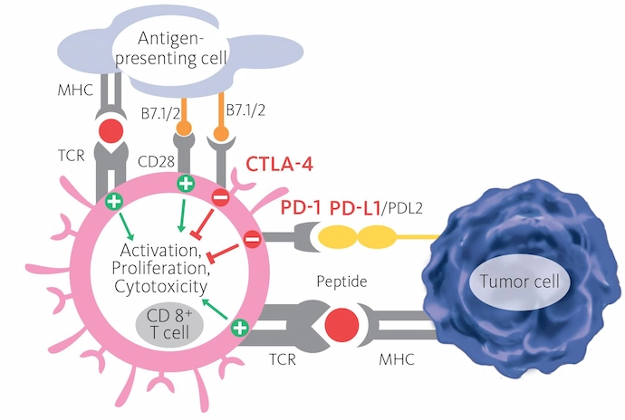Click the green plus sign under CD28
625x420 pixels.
pyautogui.click(x=187, y=184)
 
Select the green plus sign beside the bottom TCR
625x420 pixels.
pyautogui.click(x=239, y=329)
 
